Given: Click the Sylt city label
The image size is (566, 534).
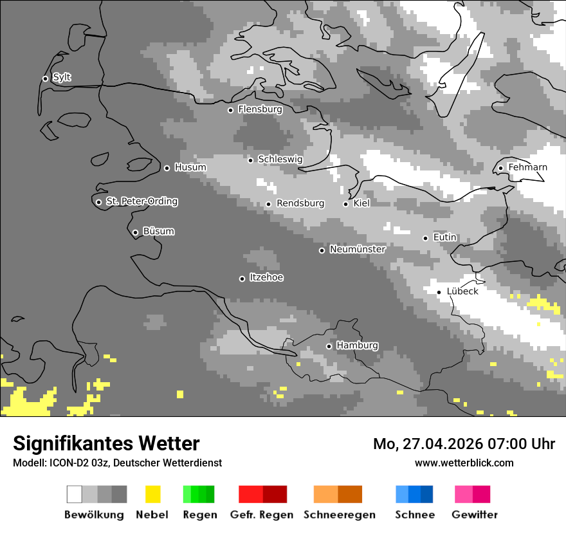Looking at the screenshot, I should coord(62,78).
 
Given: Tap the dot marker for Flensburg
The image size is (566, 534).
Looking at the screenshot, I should coord(230,110).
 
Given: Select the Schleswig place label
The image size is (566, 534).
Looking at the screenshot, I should coord(280,159).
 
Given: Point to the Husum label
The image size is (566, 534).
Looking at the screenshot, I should coord(190,167).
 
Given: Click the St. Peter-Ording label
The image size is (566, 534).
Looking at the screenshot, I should coord(141,201).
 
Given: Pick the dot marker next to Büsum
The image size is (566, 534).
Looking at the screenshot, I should coord(135,232).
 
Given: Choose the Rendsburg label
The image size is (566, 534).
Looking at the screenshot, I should coord(300,203).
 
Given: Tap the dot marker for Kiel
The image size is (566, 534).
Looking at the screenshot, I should coord(345,204).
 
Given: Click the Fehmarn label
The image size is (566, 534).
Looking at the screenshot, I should coord(527,167).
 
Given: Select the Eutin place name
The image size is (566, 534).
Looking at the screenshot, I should coord(444,237).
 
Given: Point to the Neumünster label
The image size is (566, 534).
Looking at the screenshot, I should coord(358,249).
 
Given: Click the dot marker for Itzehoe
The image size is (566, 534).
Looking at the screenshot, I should coord(242,279).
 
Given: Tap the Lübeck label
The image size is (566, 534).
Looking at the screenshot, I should coord(462,291).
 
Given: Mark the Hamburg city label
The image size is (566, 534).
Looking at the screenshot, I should coord(357,345).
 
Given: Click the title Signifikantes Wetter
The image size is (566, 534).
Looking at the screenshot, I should coord(106,443).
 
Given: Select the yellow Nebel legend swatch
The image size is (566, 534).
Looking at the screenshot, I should coord(153,494).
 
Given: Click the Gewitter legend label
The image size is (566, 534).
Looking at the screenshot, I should coord(475,515).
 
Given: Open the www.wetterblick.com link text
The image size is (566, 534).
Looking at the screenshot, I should coord(464,463).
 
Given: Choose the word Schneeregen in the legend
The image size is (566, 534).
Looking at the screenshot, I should coord(340,515).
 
